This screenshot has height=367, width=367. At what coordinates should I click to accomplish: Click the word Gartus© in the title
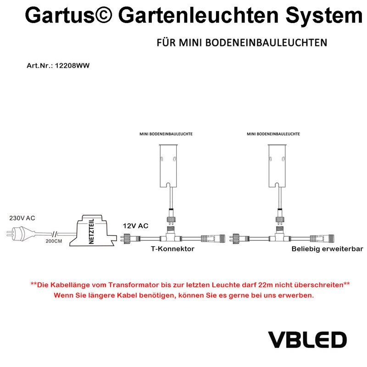[68, 16]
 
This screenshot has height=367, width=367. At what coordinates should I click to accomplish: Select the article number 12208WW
[72, 66]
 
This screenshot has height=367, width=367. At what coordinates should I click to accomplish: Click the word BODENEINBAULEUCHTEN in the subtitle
[266, 43]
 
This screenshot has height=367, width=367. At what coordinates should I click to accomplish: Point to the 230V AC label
[22, 218]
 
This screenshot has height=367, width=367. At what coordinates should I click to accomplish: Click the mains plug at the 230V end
[16, 234]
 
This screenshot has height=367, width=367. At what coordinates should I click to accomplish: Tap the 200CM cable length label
[54, 241]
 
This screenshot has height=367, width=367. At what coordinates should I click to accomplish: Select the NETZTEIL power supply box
[93, 231]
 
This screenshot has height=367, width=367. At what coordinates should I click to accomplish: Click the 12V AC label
[135, 226]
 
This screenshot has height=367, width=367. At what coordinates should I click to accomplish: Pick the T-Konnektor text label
[172, 249]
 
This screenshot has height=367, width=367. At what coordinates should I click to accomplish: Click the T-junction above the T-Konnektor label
[171, 236]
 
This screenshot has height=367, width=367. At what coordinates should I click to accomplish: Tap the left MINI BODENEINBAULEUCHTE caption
[166, 134]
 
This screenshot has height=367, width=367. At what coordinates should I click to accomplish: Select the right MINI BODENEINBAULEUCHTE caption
[273, 134]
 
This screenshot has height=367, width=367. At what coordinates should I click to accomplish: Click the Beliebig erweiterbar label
[327, 249]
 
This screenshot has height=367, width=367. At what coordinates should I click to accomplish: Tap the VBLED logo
[307, 340]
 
